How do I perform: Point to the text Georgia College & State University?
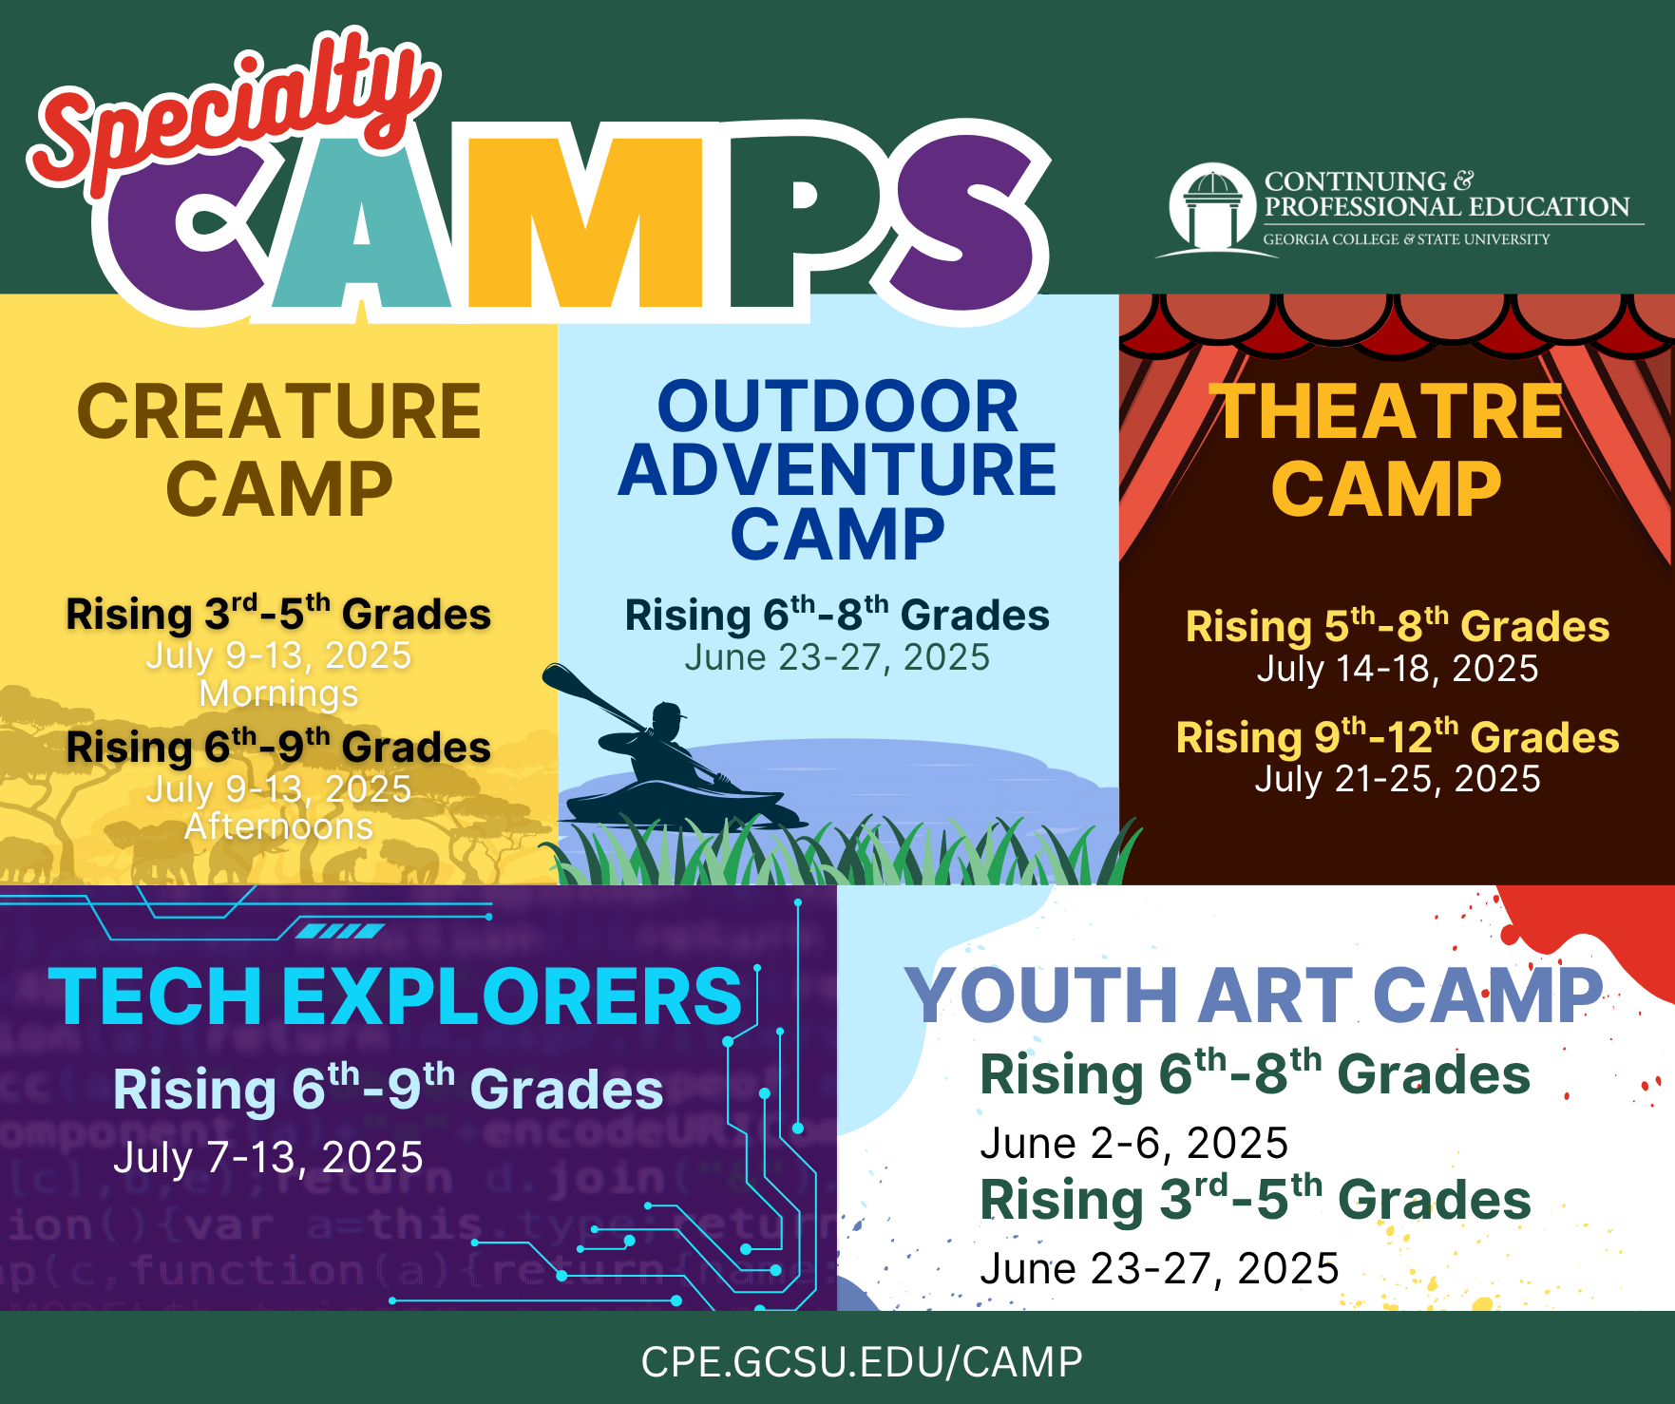[1406, 239]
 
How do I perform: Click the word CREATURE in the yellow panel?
[279, 411]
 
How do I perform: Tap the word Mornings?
[278, 693]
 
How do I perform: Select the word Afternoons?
[278, 826]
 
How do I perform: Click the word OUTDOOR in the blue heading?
[837, 406]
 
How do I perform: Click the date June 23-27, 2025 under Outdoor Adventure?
[837, 657]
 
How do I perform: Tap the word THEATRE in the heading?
[1390, 411]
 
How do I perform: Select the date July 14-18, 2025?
[1398, 669]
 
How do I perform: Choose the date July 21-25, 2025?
[1398, 779]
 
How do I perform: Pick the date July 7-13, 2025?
[268, 1158]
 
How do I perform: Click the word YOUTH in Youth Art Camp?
[1041, 996]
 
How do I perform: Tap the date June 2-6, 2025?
[1133, 1144]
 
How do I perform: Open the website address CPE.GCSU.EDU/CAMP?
[862, 1362]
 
